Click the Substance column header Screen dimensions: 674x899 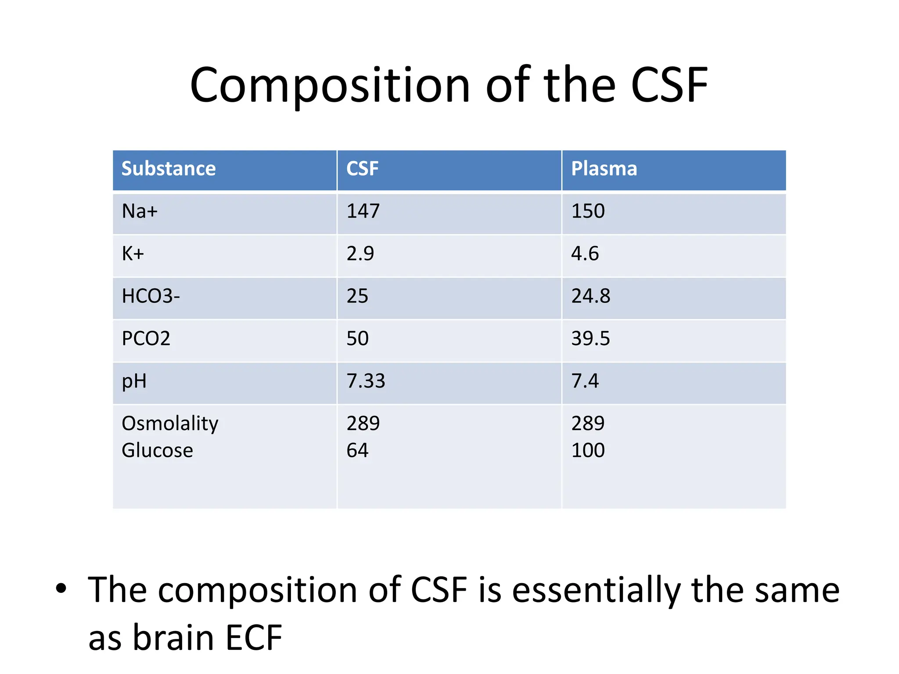click(169, 169)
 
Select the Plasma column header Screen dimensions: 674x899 click(604, 169)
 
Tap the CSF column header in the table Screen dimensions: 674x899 click(362, 169)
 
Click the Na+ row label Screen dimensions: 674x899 click(140, 212)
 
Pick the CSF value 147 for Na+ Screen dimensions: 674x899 click(363, 212)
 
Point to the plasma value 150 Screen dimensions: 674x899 click(588, 212)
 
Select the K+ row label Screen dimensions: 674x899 click(133, 254)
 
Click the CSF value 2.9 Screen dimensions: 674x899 click(360, 254)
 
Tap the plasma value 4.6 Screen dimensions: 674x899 click(585, 254)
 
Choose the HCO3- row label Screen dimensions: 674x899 click(151, 296)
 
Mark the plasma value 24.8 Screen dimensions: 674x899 click(590, 296)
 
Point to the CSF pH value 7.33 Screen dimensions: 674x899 click(366, 381)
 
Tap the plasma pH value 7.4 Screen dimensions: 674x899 click(585, 381)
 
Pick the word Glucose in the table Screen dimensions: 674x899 click(157, 451)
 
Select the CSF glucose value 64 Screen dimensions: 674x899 click(357, 451)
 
